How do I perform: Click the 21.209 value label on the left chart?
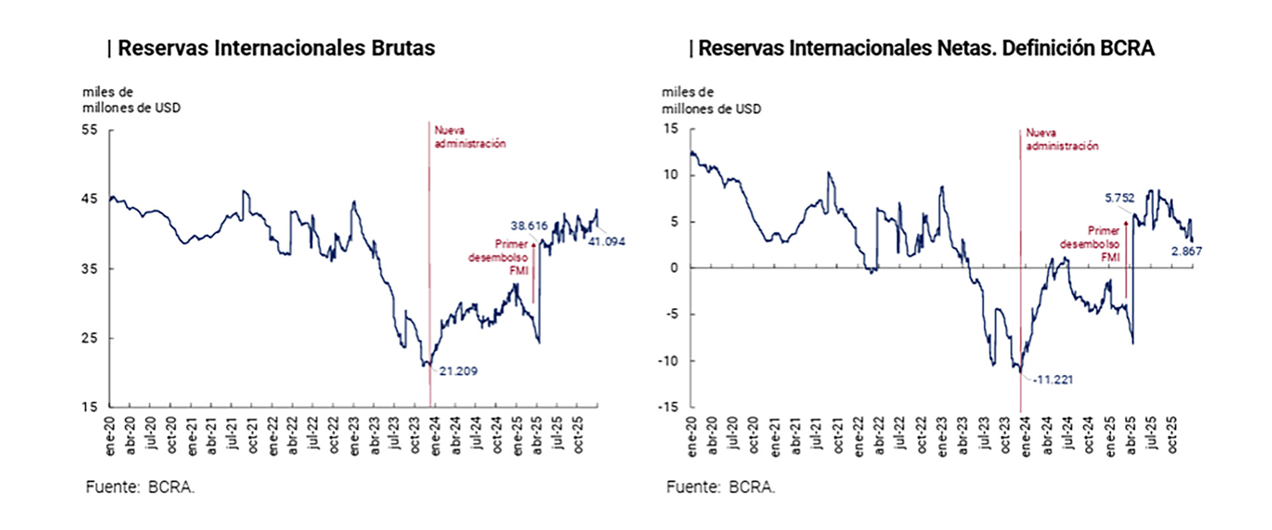(458, 371)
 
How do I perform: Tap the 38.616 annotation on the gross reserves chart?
(529, 226)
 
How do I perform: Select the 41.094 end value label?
(606, 242)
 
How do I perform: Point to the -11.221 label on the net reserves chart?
(1053, 380)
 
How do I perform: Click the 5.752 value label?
(1120, 197)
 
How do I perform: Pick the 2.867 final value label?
(1186, 251)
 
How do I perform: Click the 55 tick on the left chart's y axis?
(89, 130)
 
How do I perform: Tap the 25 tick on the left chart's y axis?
(89, 338)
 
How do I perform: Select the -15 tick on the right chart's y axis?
(668, 407)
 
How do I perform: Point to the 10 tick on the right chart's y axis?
(671, 175)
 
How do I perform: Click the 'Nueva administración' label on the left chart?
(470, 137)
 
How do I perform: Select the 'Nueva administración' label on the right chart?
(1061, 139)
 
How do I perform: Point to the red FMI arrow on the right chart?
(1126, 262)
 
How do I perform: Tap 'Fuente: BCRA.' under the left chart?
(140, 487)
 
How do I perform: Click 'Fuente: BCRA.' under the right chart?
(720, 487)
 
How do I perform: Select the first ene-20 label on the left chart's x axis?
(110, 436)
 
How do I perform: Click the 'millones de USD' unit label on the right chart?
(711, 109)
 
